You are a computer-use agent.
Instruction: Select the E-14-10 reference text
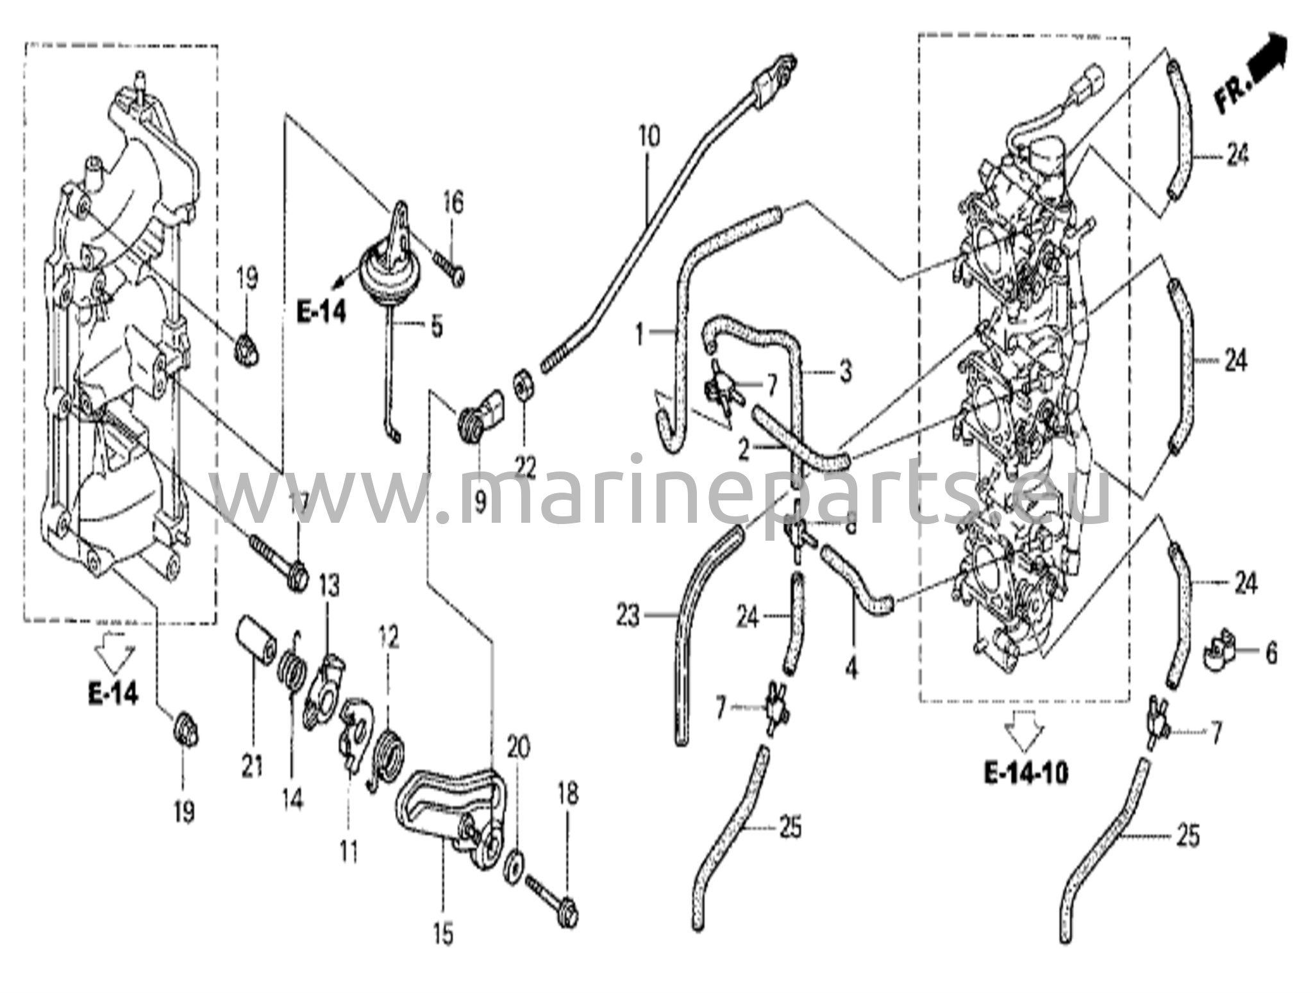point(1026,775)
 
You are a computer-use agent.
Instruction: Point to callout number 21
point(252,764)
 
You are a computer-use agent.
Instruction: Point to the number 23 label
point(628,617)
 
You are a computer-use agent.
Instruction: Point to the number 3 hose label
point(846,371)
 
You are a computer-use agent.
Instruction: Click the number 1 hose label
point(639,334)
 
